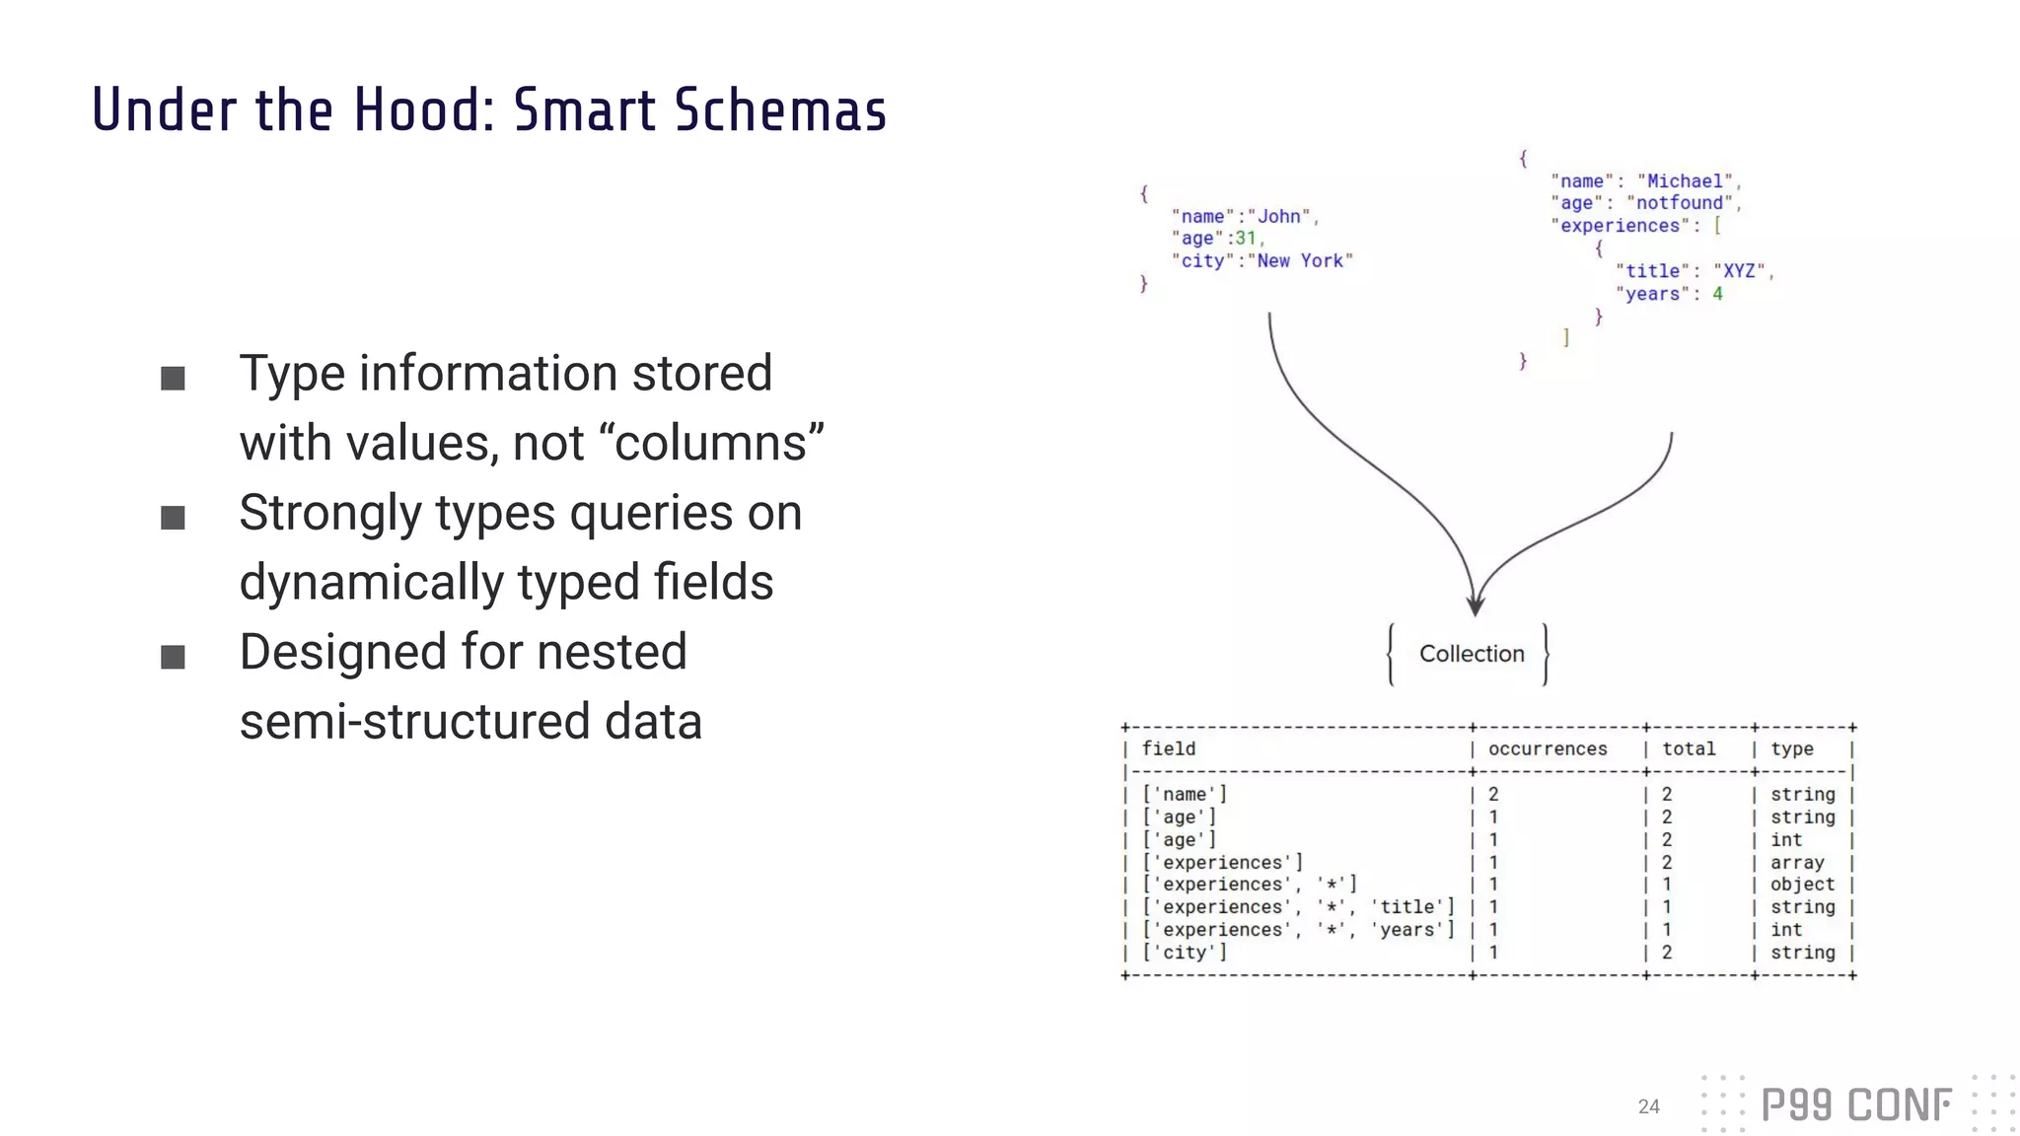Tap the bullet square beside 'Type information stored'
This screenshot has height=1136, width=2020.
[x=173, y=379]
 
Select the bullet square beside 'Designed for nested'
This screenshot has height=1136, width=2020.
[x=173, y=657]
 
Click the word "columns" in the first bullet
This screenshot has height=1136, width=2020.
[x=718, y=443]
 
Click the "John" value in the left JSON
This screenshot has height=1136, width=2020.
[x=1279, y=217]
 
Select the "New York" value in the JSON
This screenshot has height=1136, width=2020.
[x=1300, y=261]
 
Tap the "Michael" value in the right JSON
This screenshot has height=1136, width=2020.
[x=1685, y=181]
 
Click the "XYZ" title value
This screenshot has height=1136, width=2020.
[x=1739, y=271]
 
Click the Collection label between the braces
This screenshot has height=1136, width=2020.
[x=1471, y=654]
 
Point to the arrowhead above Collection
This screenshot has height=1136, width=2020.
[x=1475, y=604]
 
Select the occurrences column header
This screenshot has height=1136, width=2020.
[x=1547, y=749]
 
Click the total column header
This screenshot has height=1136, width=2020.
[x=1689, y=749]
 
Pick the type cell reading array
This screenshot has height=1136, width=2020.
[x=1796, y=863]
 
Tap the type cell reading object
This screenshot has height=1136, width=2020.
[x=1802, y=885]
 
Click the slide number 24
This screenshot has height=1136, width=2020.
[x=1648, y=1106]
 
